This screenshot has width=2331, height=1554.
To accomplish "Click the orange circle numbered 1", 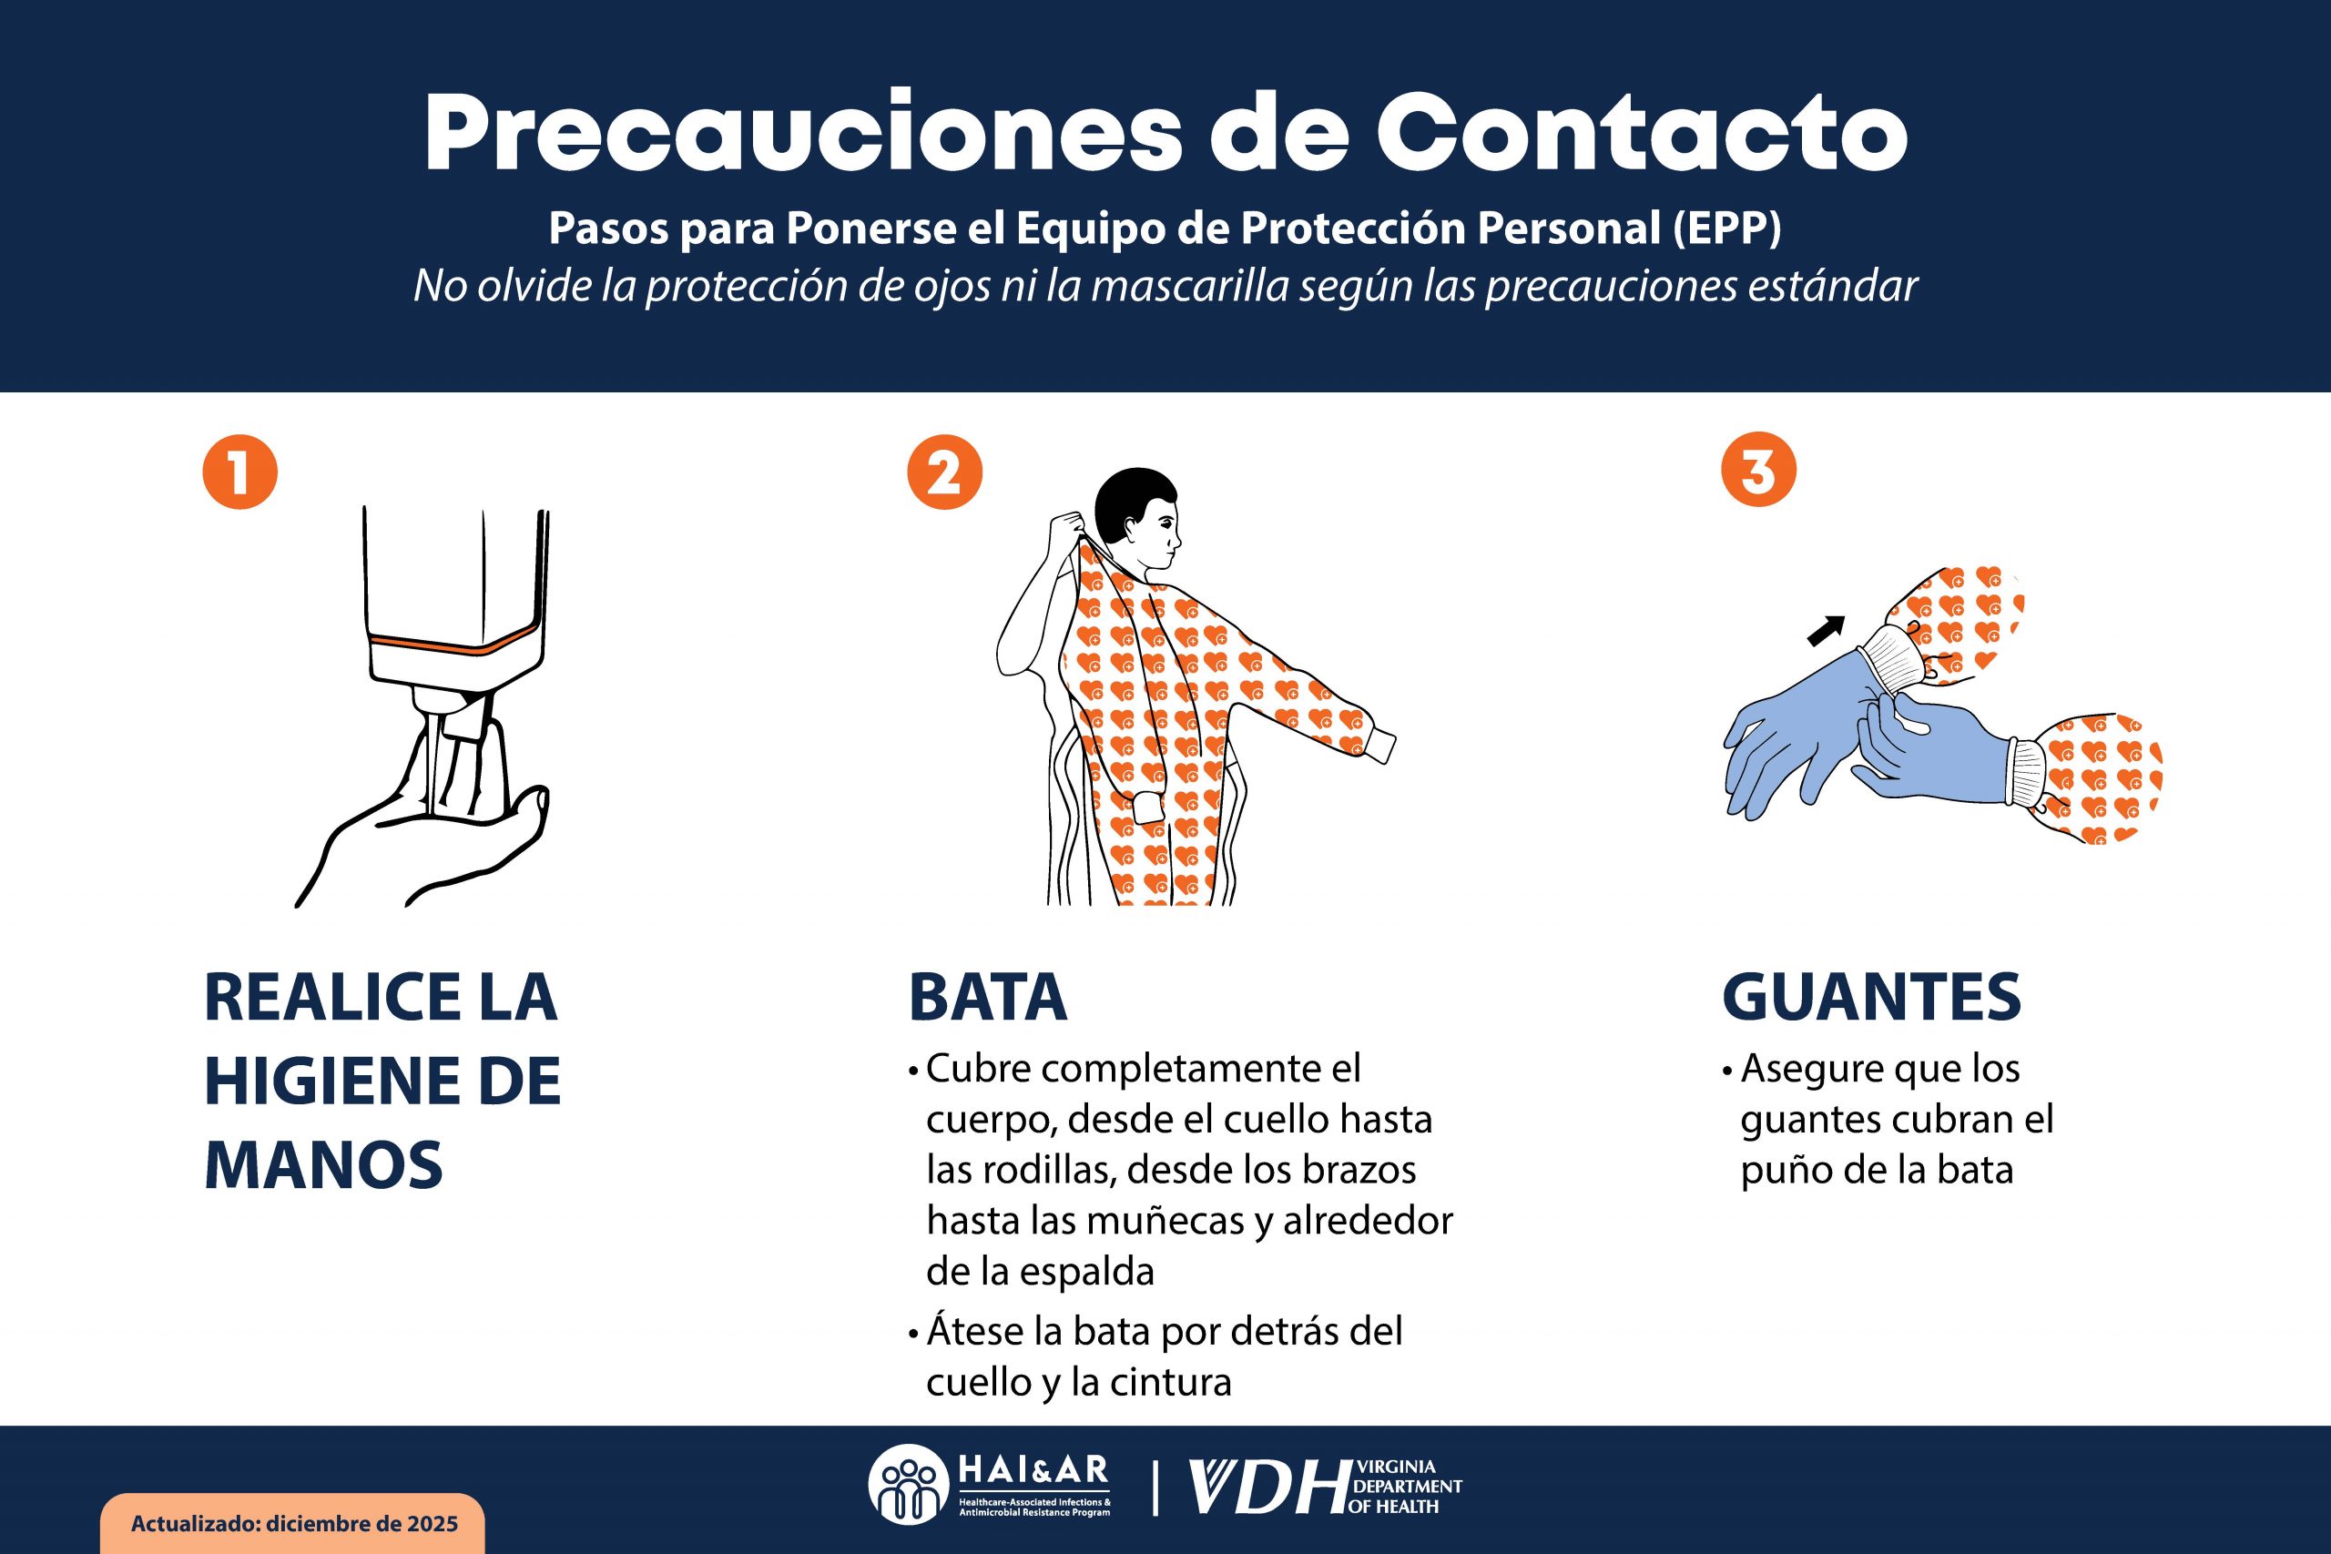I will (239, 472).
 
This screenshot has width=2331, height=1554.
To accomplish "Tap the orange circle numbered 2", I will (944, 472).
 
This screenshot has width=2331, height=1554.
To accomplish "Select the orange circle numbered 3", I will (1758, 470).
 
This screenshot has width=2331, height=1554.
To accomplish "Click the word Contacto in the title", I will (1640, 134).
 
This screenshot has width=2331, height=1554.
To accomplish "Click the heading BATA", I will (987, 997).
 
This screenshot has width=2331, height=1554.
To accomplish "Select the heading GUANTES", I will (1871, 997).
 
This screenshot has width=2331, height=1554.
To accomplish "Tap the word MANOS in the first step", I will (323, 1164).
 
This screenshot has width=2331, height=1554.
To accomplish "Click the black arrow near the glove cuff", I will (1826, 630).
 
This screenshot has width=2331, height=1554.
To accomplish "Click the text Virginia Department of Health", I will (1405, 1488).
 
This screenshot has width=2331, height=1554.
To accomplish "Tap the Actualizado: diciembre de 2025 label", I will (293, 1523).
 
